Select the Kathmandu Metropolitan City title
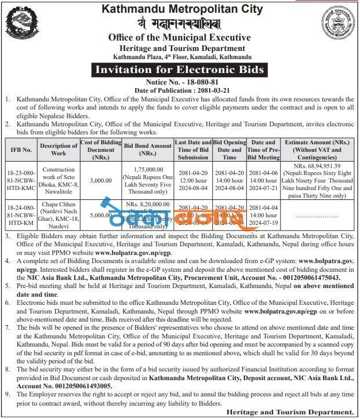[182, 9]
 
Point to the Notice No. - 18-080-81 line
[182, 82]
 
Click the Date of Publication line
[182, 90]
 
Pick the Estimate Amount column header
[317, 149]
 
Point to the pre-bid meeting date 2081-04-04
[263, 207]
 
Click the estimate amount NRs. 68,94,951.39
[317, 165]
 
